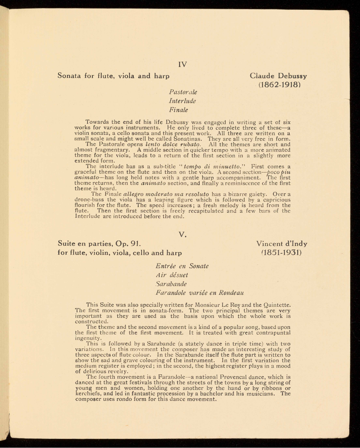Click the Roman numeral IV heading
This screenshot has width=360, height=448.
click(x=183, y=64)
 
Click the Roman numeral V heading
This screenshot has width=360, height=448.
click(x=182, y=235)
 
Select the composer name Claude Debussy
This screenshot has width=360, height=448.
click(x=278, y=76)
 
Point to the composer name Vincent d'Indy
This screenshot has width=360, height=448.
click(x=282, y=244)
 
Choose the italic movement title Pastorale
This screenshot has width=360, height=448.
click(x=183, y=92)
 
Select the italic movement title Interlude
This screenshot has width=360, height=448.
click(x=183, y=101)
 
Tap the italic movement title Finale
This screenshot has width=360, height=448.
click(x=178, y=110)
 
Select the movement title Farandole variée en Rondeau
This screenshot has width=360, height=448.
click(x=200, y=293)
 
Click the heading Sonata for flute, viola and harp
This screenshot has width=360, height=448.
click(x=113, y=76)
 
